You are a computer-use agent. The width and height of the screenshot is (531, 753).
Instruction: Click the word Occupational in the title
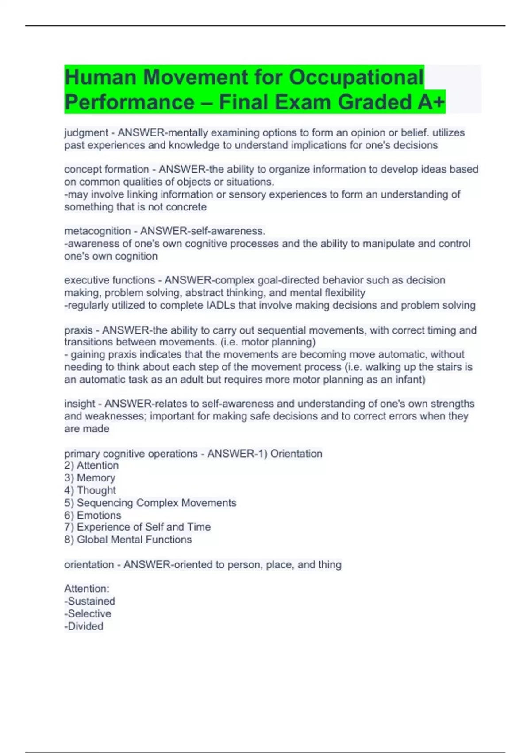coord(356,78)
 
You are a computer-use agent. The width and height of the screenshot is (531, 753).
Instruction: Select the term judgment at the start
coord(86,133)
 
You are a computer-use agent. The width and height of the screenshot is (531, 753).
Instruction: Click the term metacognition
coord(97,231)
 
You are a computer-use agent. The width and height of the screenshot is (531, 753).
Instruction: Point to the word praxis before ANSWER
coord(78,330)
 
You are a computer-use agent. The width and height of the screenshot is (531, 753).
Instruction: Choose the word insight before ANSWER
coord(80,404)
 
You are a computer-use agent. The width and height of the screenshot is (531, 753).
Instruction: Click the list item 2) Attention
coord(92,466)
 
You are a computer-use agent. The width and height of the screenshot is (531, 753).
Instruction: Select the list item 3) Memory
coord(90,478)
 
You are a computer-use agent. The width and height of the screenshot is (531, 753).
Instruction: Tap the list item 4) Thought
coord(90,490)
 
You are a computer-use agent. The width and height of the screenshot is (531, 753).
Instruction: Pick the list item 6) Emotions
coord(93,516)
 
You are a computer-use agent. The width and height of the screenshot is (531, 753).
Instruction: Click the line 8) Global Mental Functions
coord(128,540)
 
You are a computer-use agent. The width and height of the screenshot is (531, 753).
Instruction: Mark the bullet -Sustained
coord(90,602)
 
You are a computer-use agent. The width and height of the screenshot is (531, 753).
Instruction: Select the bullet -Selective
coord(88,614)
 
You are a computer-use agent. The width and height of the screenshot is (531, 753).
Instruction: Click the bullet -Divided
coord(84,626)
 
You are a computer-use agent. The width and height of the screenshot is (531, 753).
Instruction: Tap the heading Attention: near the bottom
coord(87,589)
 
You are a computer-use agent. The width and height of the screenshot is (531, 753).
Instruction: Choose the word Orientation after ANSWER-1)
coord(296,454)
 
